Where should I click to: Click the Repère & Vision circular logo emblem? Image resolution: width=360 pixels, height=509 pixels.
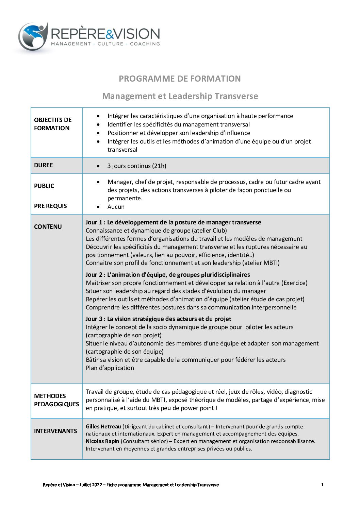33,37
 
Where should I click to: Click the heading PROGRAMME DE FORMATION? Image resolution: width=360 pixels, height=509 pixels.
180,79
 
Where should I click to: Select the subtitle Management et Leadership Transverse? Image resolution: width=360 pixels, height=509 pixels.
180,96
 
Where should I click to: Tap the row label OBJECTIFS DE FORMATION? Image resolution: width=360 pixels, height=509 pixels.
53,124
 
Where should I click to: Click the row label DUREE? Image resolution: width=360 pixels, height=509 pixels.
44,165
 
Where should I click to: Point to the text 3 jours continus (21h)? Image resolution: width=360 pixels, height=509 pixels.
137,166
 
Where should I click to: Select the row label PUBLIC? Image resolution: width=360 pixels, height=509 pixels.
44,186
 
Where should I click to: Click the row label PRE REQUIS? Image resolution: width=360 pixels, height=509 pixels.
50,206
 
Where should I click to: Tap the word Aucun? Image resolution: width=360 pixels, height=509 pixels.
116,207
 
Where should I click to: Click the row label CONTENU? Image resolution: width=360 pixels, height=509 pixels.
48,227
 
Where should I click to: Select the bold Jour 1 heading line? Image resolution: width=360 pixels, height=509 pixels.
173,222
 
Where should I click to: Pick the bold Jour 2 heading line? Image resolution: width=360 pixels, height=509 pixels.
168,275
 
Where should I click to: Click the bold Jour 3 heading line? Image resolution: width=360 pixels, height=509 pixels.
158,319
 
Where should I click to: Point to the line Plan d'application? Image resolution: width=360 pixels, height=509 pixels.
110,368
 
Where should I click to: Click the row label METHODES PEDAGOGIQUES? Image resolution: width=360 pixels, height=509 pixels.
56,400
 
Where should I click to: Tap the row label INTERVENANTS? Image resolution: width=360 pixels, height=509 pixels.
55,431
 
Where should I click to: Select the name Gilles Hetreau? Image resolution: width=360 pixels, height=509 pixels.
103,427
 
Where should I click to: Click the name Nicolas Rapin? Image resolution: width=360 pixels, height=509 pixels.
102,441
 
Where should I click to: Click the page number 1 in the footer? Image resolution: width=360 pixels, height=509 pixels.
322,485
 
